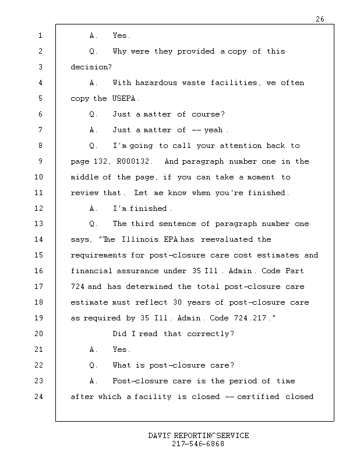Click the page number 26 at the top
320,19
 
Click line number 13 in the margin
39,224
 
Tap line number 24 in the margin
39,397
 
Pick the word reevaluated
224,239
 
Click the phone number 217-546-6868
198,444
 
